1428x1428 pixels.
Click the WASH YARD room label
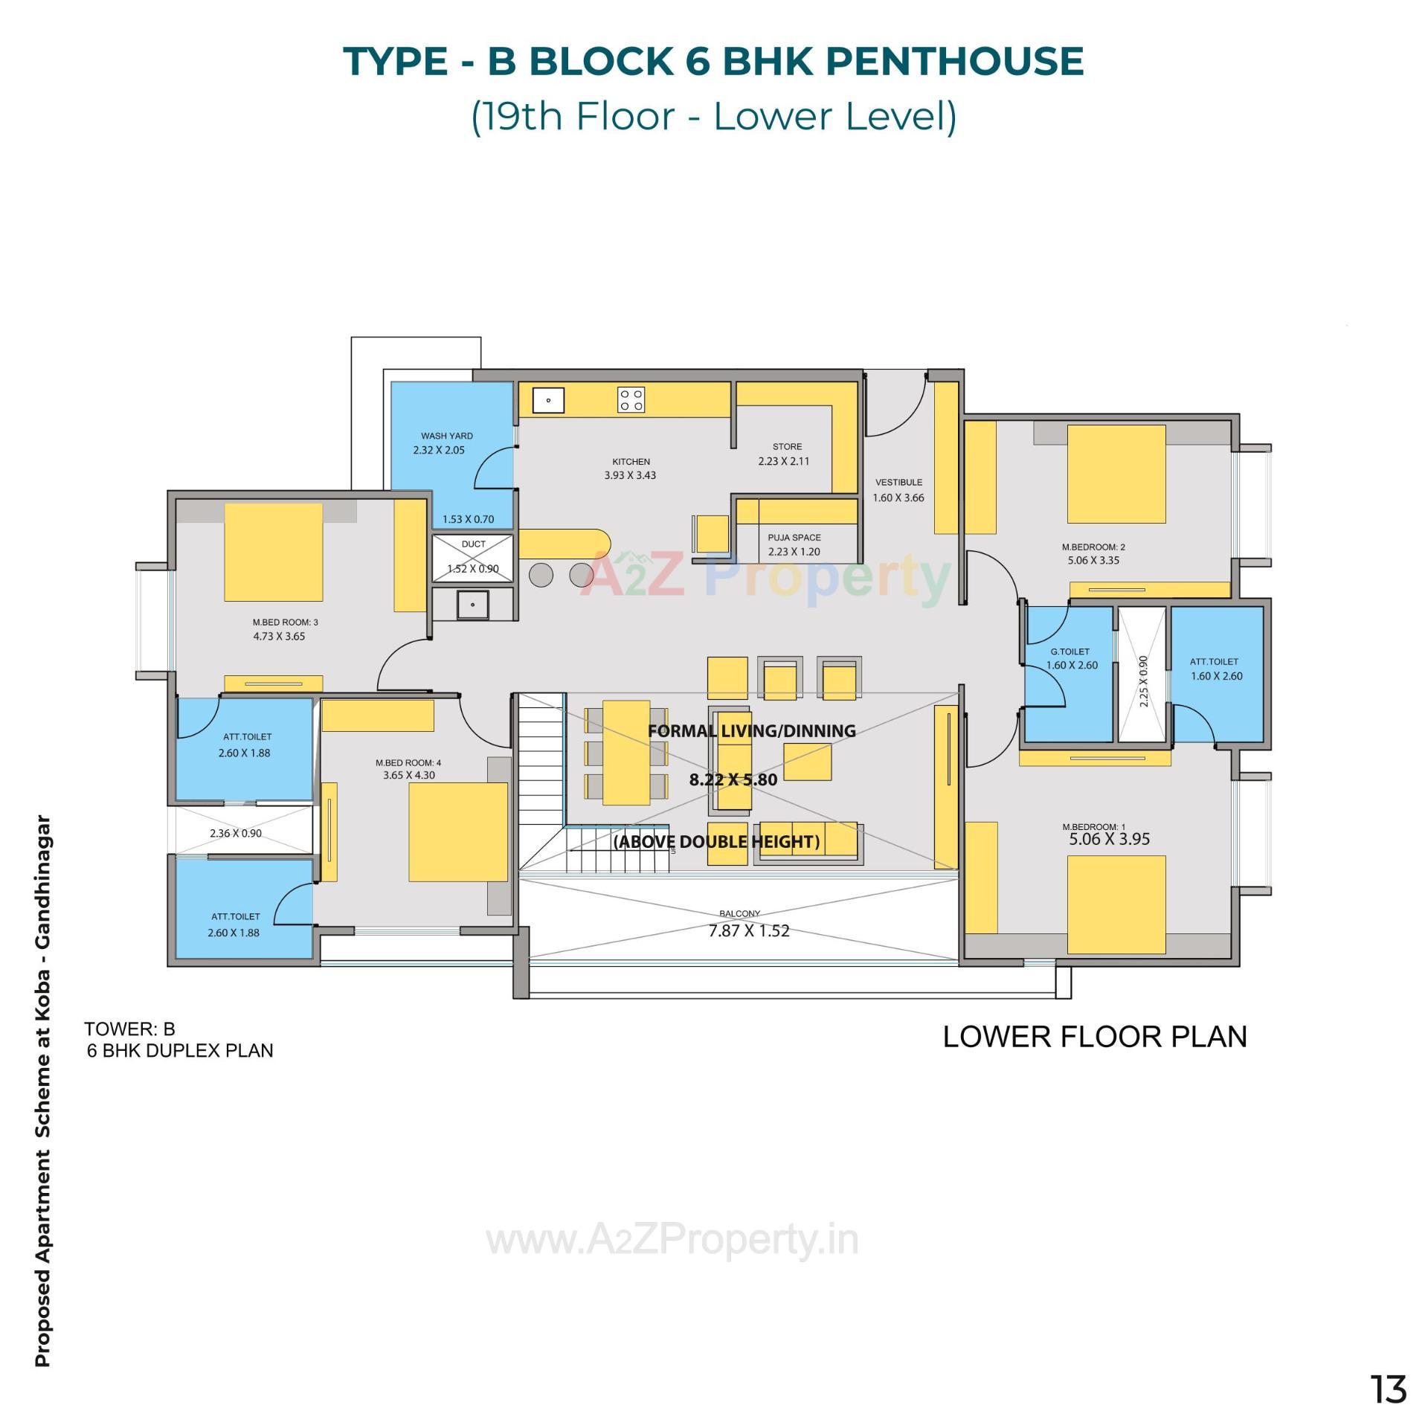pyautogui.click(x=446, y=436)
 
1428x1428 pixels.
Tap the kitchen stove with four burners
pyautogui.click(x=631, y=400)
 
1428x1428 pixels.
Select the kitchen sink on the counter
pyautogui.click(x=548, y=400)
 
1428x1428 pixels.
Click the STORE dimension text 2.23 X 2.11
pyautogui.click(x=783, y=461)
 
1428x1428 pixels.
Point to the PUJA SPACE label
pyautogui.click(x=794, y=537)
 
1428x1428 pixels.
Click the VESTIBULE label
pyautogui.click(x=898, y=482)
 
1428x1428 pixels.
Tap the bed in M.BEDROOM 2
pyautogui.click(x=1116, y=474)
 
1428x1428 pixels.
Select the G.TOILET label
pyautogui.click(x=1070, y=652)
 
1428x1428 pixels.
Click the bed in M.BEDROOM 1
pyautogui.click(x=1116, y=904)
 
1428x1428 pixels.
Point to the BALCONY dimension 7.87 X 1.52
pyautogui.click(x=748, y=931)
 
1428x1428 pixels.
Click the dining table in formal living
pyautogui.click(x=625, y=753)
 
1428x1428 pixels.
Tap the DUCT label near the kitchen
pyautogui.click(x=473, y=544)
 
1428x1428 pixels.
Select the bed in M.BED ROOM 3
pyautogui.click(x=273, y=552)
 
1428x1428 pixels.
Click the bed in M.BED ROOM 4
pyautogui.click(x=457, y=832)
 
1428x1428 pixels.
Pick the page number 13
pyautogui.click(x=1388, y=1389)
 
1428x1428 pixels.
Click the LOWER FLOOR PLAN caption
pyautogui.click(x=1094, y=1037)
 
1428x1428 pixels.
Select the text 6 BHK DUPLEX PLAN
pyautogui.click(x=180, y=1051)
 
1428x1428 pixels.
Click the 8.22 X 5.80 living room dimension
pyautogui.click(x=733, y=779)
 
